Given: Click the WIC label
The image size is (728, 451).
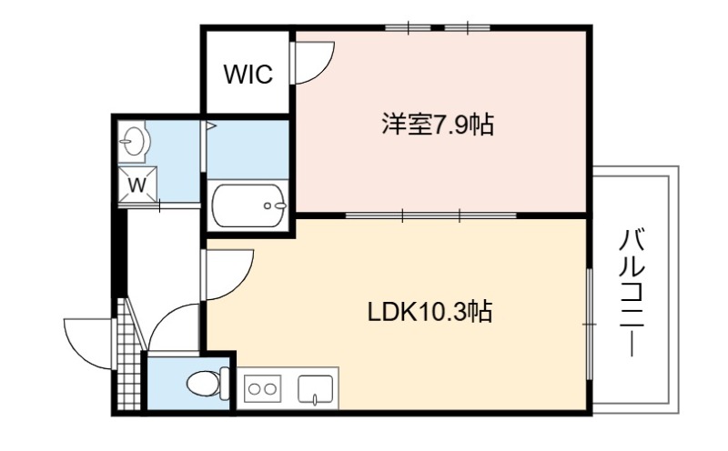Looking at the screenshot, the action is coord(248,75).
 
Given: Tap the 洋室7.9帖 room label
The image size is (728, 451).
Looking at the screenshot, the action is coord(438,125).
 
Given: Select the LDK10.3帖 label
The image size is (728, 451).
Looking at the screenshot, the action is coord(430,312).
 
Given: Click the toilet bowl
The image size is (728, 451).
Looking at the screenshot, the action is coord(203,385).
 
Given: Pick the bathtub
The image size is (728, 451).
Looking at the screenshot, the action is coord(248,205).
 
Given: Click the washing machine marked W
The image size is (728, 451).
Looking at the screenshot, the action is coord(137,185).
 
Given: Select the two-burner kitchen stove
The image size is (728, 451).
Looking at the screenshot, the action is coord(262,388).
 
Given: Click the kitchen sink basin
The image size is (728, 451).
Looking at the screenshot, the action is coord(316,389).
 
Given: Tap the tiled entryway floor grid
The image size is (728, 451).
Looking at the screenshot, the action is coord(127,355).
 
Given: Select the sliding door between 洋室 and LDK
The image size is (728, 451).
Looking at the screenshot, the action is coord(431,215).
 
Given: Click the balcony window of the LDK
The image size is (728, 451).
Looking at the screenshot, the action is coord(589,324).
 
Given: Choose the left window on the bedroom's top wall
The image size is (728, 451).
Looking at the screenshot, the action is coord(408,28).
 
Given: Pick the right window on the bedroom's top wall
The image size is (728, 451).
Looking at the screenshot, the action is coord(468,28).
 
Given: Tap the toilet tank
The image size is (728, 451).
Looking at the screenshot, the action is coord(225,383).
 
